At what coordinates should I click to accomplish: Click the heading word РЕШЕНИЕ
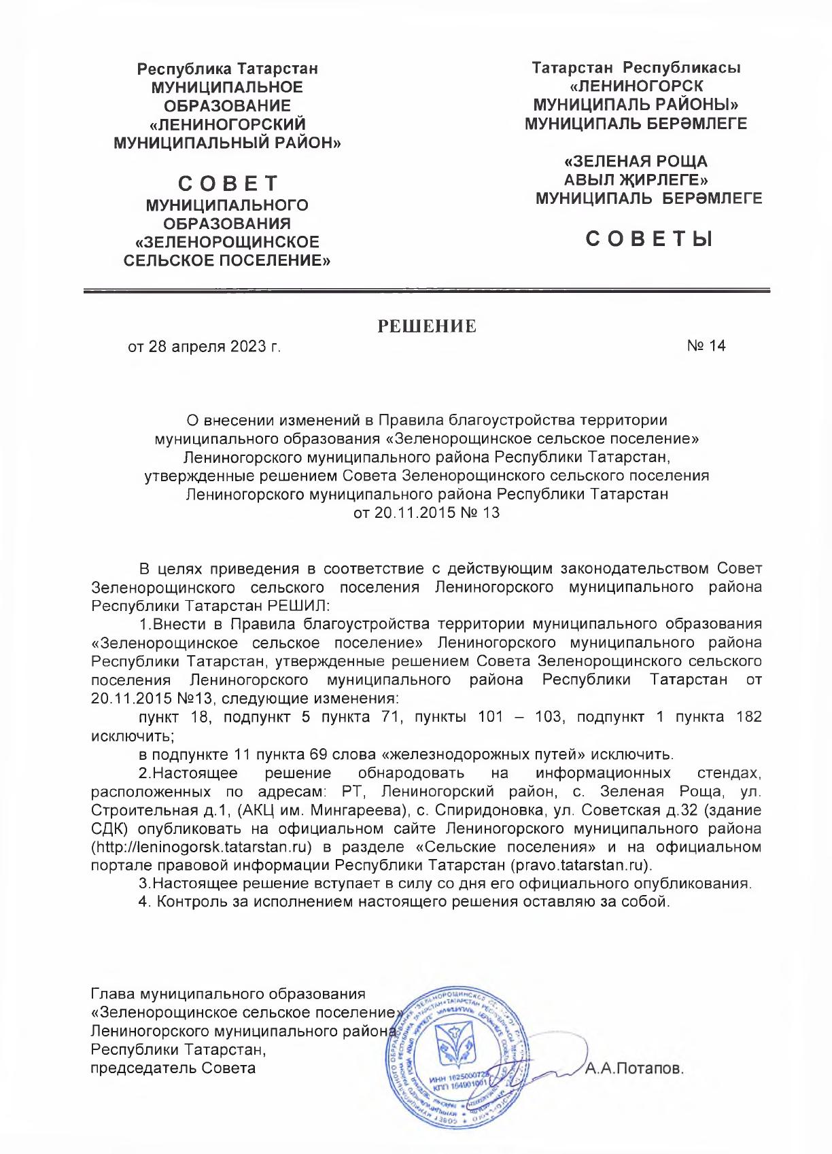pos(427,326)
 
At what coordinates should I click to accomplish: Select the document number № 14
pos(706,346)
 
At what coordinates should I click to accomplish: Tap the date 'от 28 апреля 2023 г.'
pos(204,347)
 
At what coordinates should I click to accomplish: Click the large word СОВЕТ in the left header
pos(228,184)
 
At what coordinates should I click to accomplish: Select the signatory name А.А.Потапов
pos(634,1068)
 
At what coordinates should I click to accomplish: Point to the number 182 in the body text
pos(748,717)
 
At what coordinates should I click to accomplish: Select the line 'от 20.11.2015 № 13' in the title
pos(427,512)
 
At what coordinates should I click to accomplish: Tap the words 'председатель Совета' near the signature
pos(173,1068)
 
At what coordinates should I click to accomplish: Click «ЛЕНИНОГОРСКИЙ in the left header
pos(228,124)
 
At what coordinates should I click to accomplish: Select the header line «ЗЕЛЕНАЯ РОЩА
pos(636,162)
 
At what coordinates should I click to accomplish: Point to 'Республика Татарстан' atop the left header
pos(228,69)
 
